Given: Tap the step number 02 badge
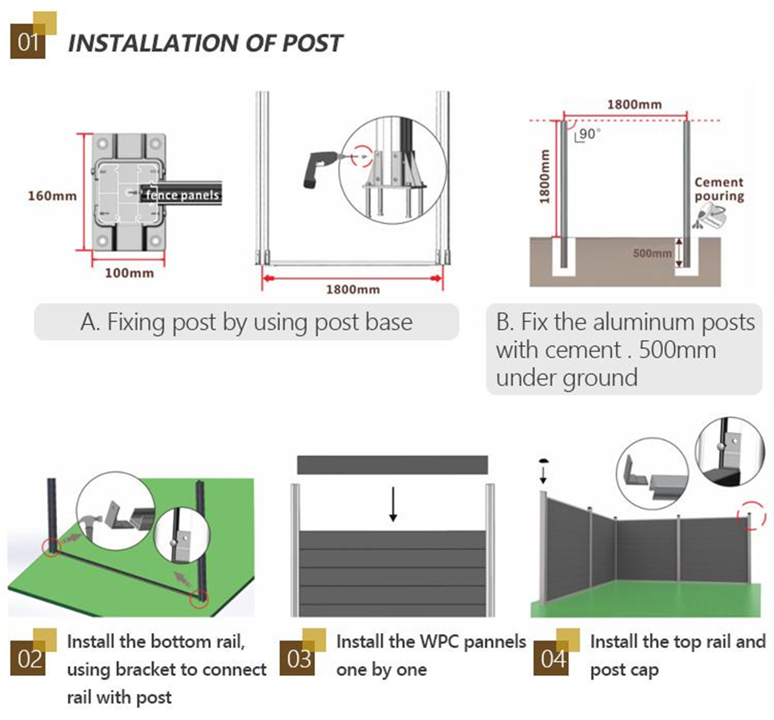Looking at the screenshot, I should (x=28, y=658).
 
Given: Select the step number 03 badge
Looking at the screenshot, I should (x=298, y=658).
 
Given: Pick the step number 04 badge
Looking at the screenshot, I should (x=551, y=658).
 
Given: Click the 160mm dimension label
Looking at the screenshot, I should (x=52, y=196).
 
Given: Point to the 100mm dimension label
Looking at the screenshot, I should (x=129, y=273).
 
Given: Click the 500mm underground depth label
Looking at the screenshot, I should (x=652, y=253).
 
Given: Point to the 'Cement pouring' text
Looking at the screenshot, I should (x=719, y=189).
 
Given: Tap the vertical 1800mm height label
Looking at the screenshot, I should (x=545, y=176).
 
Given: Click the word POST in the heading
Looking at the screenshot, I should (x=312, y=43).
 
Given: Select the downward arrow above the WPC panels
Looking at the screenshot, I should (x=393, y=504).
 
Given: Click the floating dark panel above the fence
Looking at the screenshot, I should (x=392, y=465).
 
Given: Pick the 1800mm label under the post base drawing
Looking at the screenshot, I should (x=353, y=290).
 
